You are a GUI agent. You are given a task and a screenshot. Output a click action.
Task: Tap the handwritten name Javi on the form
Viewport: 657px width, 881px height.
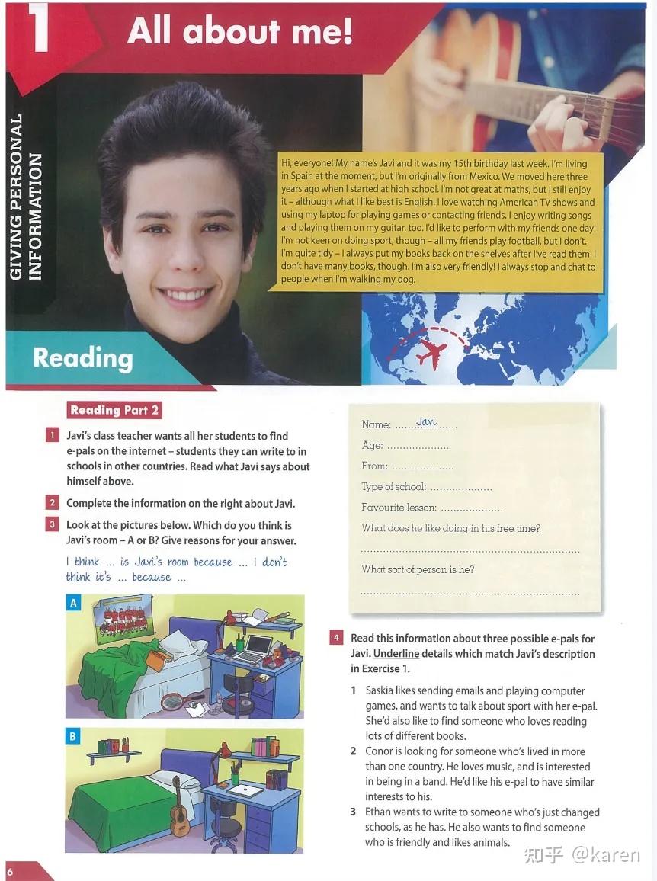tap(427, 422)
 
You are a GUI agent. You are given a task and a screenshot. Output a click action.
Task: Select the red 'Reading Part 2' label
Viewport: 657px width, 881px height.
tap(114, 410)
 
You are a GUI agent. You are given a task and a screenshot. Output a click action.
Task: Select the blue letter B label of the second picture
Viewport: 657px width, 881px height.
tap(73, 736)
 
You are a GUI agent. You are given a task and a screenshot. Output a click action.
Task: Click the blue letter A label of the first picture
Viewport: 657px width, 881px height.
tap(73, 603)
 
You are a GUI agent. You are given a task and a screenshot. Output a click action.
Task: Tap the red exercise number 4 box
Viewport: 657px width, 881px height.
tap(336, 638)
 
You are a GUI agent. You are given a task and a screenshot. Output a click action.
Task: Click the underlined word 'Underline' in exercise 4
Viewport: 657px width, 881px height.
tap(396, 654)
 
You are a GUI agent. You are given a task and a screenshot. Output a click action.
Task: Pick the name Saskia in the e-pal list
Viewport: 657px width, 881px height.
tap(382, 691)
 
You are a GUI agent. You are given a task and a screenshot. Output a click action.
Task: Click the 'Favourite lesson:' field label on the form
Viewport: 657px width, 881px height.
tap(399, 508)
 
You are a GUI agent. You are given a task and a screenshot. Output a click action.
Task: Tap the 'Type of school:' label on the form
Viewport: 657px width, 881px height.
tap(393, 487)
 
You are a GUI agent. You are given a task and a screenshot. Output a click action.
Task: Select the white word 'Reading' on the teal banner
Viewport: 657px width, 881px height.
tap(83, 358)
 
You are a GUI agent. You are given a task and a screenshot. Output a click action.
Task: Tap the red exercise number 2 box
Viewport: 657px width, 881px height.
tap(52, 503)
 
